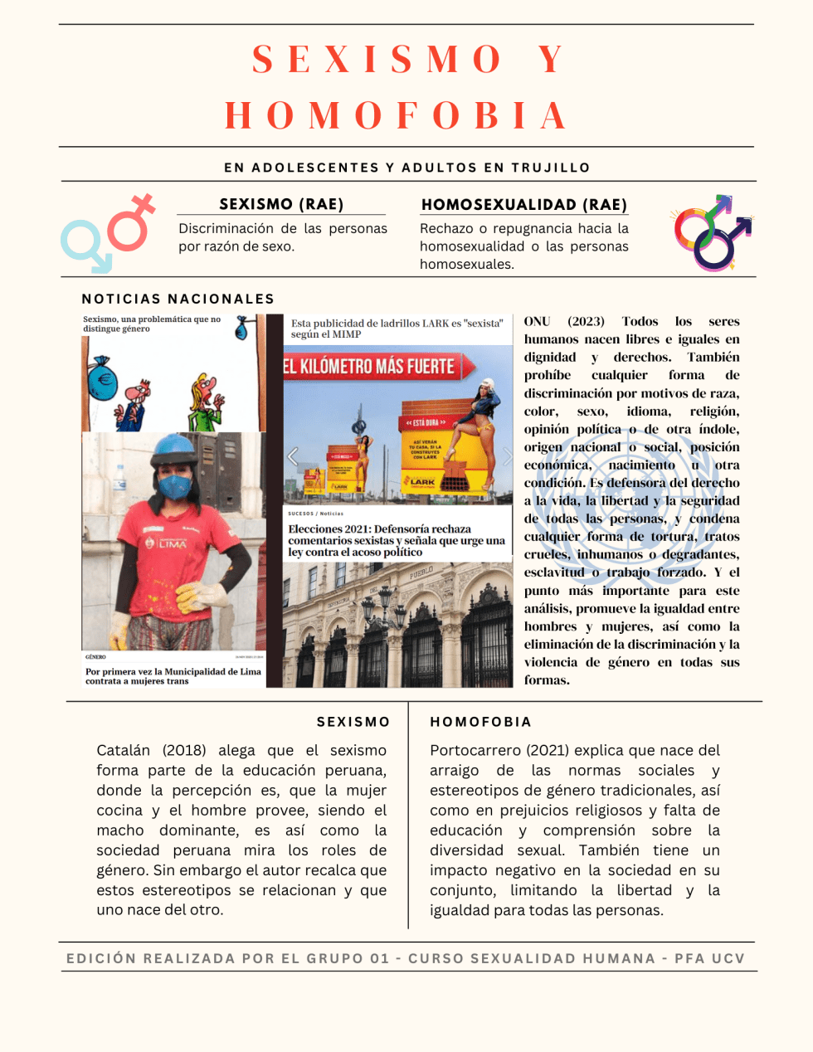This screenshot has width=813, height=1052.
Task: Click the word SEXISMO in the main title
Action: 377,60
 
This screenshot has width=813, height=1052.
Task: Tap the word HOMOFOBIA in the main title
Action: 397,116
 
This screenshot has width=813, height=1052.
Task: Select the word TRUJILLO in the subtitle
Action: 550,168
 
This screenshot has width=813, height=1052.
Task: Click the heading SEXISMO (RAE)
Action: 281,204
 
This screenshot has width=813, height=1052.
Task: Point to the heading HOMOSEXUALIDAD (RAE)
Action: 524,205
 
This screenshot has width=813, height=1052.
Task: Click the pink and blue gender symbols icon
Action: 109,233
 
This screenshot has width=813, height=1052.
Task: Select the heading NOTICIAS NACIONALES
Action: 178,299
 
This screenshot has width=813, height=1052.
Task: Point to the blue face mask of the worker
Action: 175,485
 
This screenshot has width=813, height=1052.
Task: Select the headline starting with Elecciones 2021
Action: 397,540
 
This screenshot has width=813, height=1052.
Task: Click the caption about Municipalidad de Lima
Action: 173,676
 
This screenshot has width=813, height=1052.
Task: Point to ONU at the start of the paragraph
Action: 537,322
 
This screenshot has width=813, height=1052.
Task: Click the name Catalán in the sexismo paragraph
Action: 124,751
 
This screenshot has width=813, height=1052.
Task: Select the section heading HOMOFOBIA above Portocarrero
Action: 480,723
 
